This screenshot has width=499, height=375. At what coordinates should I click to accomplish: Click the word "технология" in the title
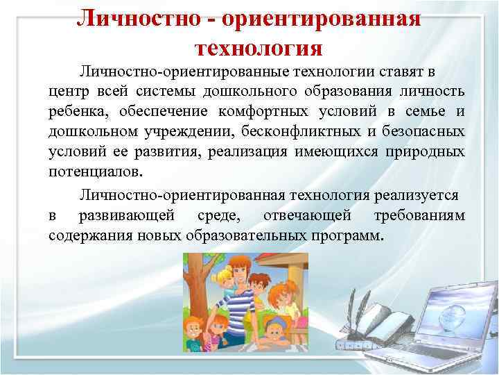(259, 47)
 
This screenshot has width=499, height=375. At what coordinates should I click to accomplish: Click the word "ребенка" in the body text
(76, 112)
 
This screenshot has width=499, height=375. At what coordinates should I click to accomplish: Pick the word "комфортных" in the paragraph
(259, 112)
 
